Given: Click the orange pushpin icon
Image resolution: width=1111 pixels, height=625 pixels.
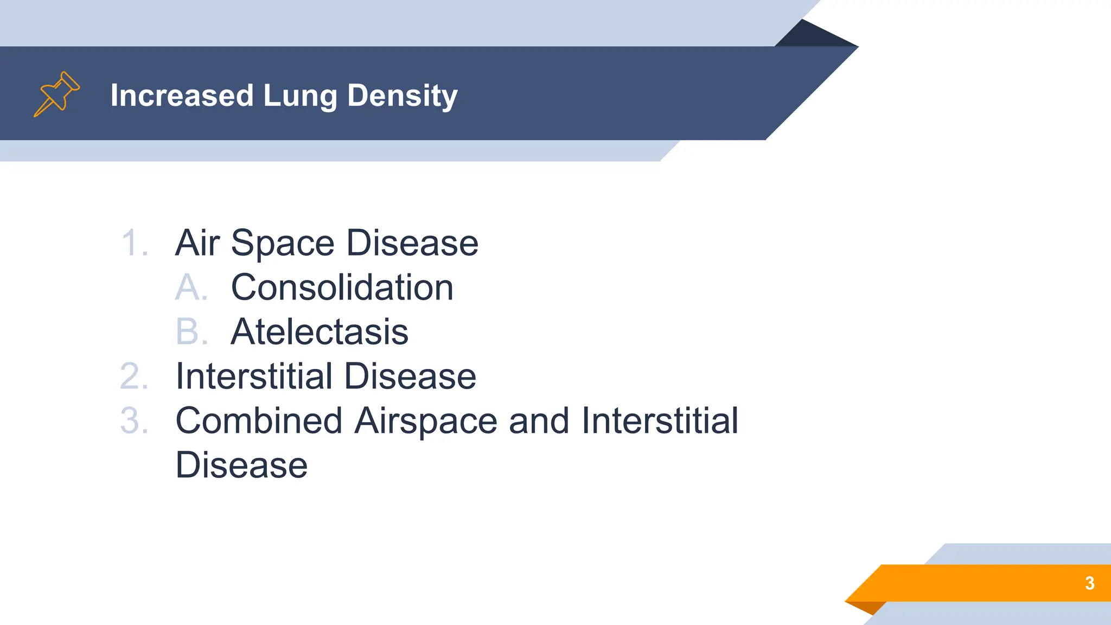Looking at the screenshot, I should [56, 94].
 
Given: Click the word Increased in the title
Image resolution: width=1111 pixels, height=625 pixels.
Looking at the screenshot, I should [182, 95].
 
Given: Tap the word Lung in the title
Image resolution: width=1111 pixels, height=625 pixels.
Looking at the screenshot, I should [299, 95].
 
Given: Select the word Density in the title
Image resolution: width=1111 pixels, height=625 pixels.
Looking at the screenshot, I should [402, 95].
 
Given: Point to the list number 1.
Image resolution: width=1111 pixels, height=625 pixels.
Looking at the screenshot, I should [133, 243].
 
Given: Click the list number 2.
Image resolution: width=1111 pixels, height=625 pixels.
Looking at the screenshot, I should [134, 376].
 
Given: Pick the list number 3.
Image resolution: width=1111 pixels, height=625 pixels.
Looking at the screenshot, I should [134, 420].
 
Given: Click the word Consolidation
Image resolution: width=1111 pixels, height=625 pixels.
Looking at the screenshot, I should [342, 287].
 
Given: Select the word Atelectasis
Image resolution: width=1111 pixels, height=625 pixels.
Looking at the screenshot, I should [320, 331].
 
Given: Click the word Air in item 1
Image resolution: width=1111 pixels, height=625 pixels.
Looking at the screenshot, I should [197, 243].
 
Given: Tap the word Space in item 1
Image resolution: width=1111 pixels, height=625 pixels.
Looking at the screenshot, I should [283, 243].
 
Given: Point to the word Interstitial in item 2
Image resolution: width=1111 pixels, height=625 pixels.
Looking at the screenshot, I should [254, 376].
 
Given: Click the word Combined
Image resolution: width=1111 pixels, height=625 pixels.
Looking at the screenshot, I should [259, 420].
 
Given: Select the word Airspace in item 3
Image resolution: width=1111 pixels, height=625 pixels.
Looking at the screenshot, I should [426, 420].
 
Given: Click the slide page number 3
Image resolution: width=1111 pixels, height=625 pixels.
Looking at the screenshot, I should [1089, 583].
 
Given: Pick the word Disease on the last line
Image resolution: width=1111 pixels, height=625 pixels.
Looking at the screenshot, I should [241, 465].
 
